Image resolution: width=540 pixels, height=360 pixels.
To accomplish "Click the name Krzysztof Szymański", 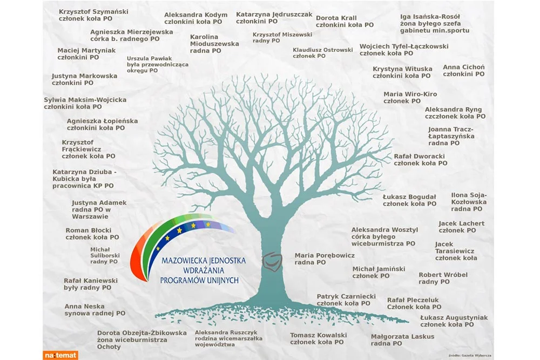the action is coord(93,12).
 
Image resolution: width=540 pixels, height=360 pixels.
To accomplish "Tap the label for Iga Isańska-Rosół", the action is coord(435,23).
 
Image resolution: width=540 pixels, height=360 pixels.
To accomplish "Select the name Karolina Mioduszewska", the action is coord(214,40).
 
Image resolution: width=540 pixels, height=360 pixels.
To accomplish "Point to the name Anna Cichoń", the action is coord(463,67).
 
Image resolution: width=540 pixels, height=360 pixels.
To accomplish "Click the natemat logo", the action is coord(60,355).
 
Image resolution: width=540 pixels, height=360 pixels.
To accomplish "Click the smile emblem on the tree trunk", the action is coord(272,262).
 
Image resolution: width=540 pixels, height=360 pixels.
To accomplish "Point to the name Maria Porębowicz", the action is coord(325,255).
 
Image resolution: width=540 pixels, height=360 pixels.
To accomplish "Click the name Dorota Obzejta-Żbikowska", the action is coord(142,333).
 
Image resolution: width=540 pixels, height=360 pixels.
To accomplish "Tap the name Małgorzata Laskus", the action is coord(403,337).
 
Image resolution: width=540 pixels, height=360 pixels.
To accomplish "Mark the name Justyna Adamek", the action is coord(99,203).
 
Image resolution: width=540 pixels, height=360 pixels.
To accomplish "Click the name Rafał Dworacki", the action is coord(419,157).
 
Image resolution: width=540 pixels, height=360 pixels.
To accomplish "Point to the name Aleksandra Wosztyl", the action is coord(384,230).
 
